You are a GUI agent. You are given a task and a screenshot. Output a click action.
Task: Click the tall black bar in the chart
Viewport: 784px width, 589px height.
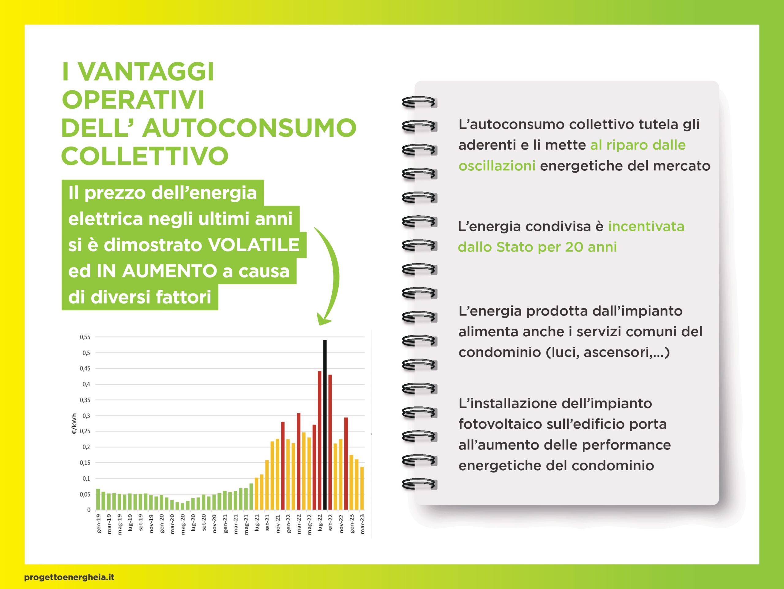[x=325, y=425]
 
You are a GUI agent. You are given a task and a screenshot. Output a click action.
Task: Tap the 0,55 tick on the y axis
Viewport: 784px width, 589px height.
[x=85, y=337]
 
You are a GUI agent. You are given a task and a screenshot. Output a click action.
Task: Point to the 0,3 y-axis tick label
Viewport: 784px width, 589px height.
[x=86, y=416]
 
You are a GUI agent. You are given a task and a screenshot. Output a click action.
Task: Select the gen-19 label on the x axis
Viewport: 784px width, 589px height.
[x=99, y=524]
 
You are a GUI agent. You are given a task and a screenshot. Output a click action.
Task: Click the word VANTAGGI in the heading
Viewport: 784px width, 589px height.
[x=146, y=72]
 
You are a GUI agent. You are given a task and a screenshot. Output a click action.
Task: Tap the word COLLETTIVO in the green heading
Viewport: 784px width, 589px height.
[x=145, y=156]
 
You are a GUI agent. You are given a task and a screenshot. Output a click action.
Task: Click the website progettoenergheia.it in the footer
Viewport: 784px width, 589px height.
[x=69, y=577]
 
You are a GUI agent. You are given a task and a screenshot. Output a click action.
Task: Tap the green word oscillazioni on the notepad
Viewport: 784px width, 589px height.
[x=496, y=166]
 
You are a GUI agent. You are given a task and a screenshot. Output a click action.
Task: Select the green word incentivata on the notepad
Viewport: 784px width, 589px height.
[x=646, y=226]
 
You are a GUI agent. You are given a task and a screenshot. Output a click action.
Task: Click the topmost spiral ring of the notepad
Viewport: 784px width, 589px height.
[x=419, y=102]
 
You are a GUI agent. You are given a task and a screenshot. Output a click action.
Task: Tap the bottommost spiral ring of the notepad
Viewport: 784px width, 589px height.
[x=419, y=484]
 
